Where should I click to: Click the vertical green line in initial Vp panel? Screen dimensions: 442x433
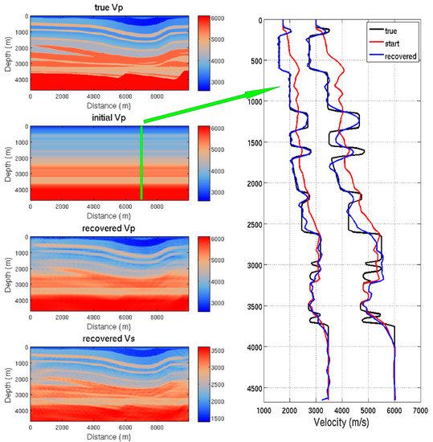pos(142,162)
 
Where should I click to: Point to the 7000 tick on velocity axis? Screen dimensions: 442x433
pos(419,410)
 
